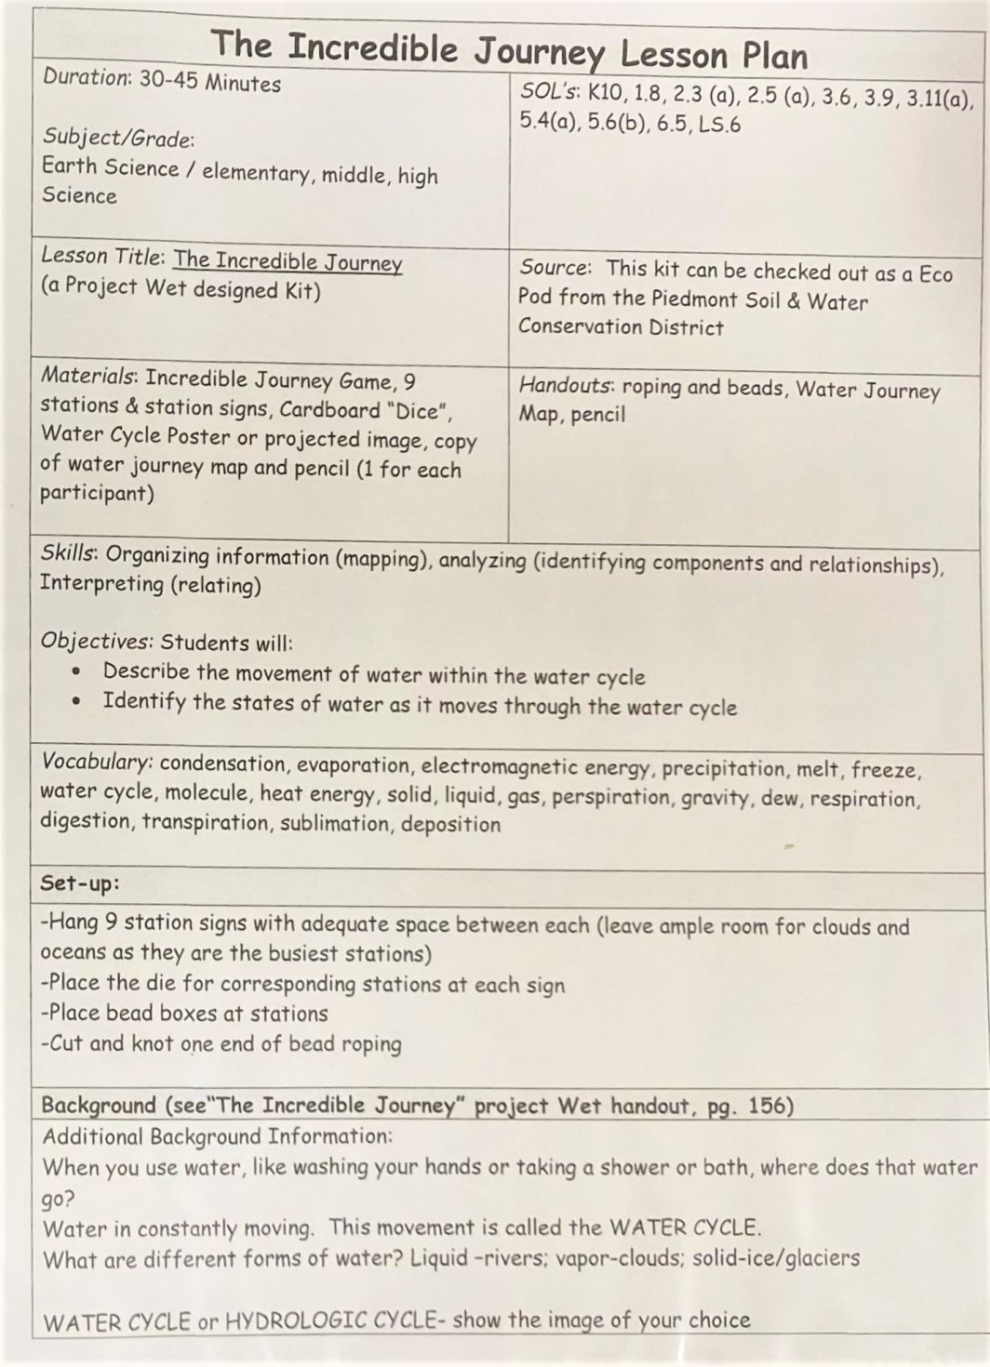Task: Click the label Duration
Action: click(x=86, y=78)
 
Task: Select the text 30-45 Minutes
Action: click(x=210, y=82)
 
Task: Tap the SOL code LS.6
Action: click(x=719, y=125)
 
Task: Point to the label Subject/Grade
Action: click(x=117, y=138)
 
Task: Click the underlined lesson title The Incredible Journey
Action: click(x=288, y=261)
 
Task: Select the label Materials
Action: click(x=87, y=377)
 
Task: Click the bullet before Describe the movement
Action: click(x=77, y=671)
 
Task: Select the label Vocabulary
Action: click(x=97, y=762)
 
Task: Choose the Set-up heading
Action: click(x=80, y=883)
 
